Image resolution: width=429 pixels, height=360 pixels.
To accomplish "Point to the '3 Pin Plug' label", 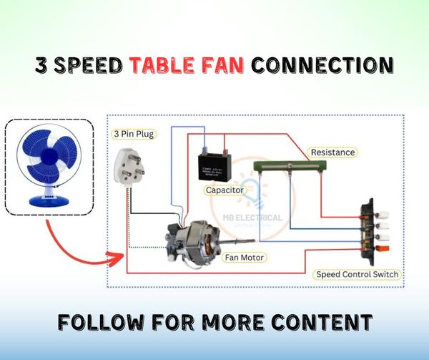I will (134, 134).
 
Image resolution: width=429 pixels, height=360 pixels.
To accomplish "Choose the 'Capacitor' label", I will (225, 190).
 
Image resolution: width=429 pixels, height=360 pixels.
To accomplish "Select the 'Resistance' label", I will (332, 152).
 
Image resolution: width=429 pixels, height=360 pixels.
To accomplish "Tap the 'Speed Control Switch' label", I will (356, 274).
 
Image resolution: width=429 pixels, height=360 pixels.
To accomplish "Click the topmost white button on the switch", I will (373, 213).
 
